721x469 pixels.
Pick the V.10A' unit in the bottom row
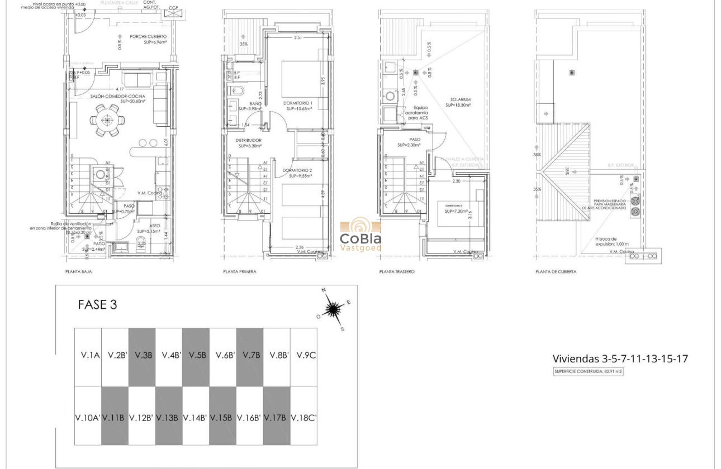coord(88,417)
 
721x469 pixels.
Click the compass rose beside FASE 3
coord(334,309)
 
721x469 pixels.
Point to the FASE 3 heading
coord(97,305)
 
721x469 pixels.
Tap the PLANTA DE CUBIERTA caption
coord(556,272)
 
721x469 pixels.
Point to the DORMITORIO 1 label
coord(298,104)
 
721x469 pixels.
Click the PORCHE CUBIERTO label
coord(148,37)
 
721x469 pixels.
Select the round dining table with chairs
coord(107,121)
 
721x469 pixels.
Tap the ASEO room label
coord(154,226)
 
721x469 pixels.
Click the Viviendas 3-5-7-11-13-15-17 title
coord(620,358)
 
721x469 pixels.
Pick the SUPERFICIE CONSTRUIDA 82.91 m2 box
coord(587,371)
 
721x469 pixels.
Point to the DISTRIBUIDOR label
coord(249,141)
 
